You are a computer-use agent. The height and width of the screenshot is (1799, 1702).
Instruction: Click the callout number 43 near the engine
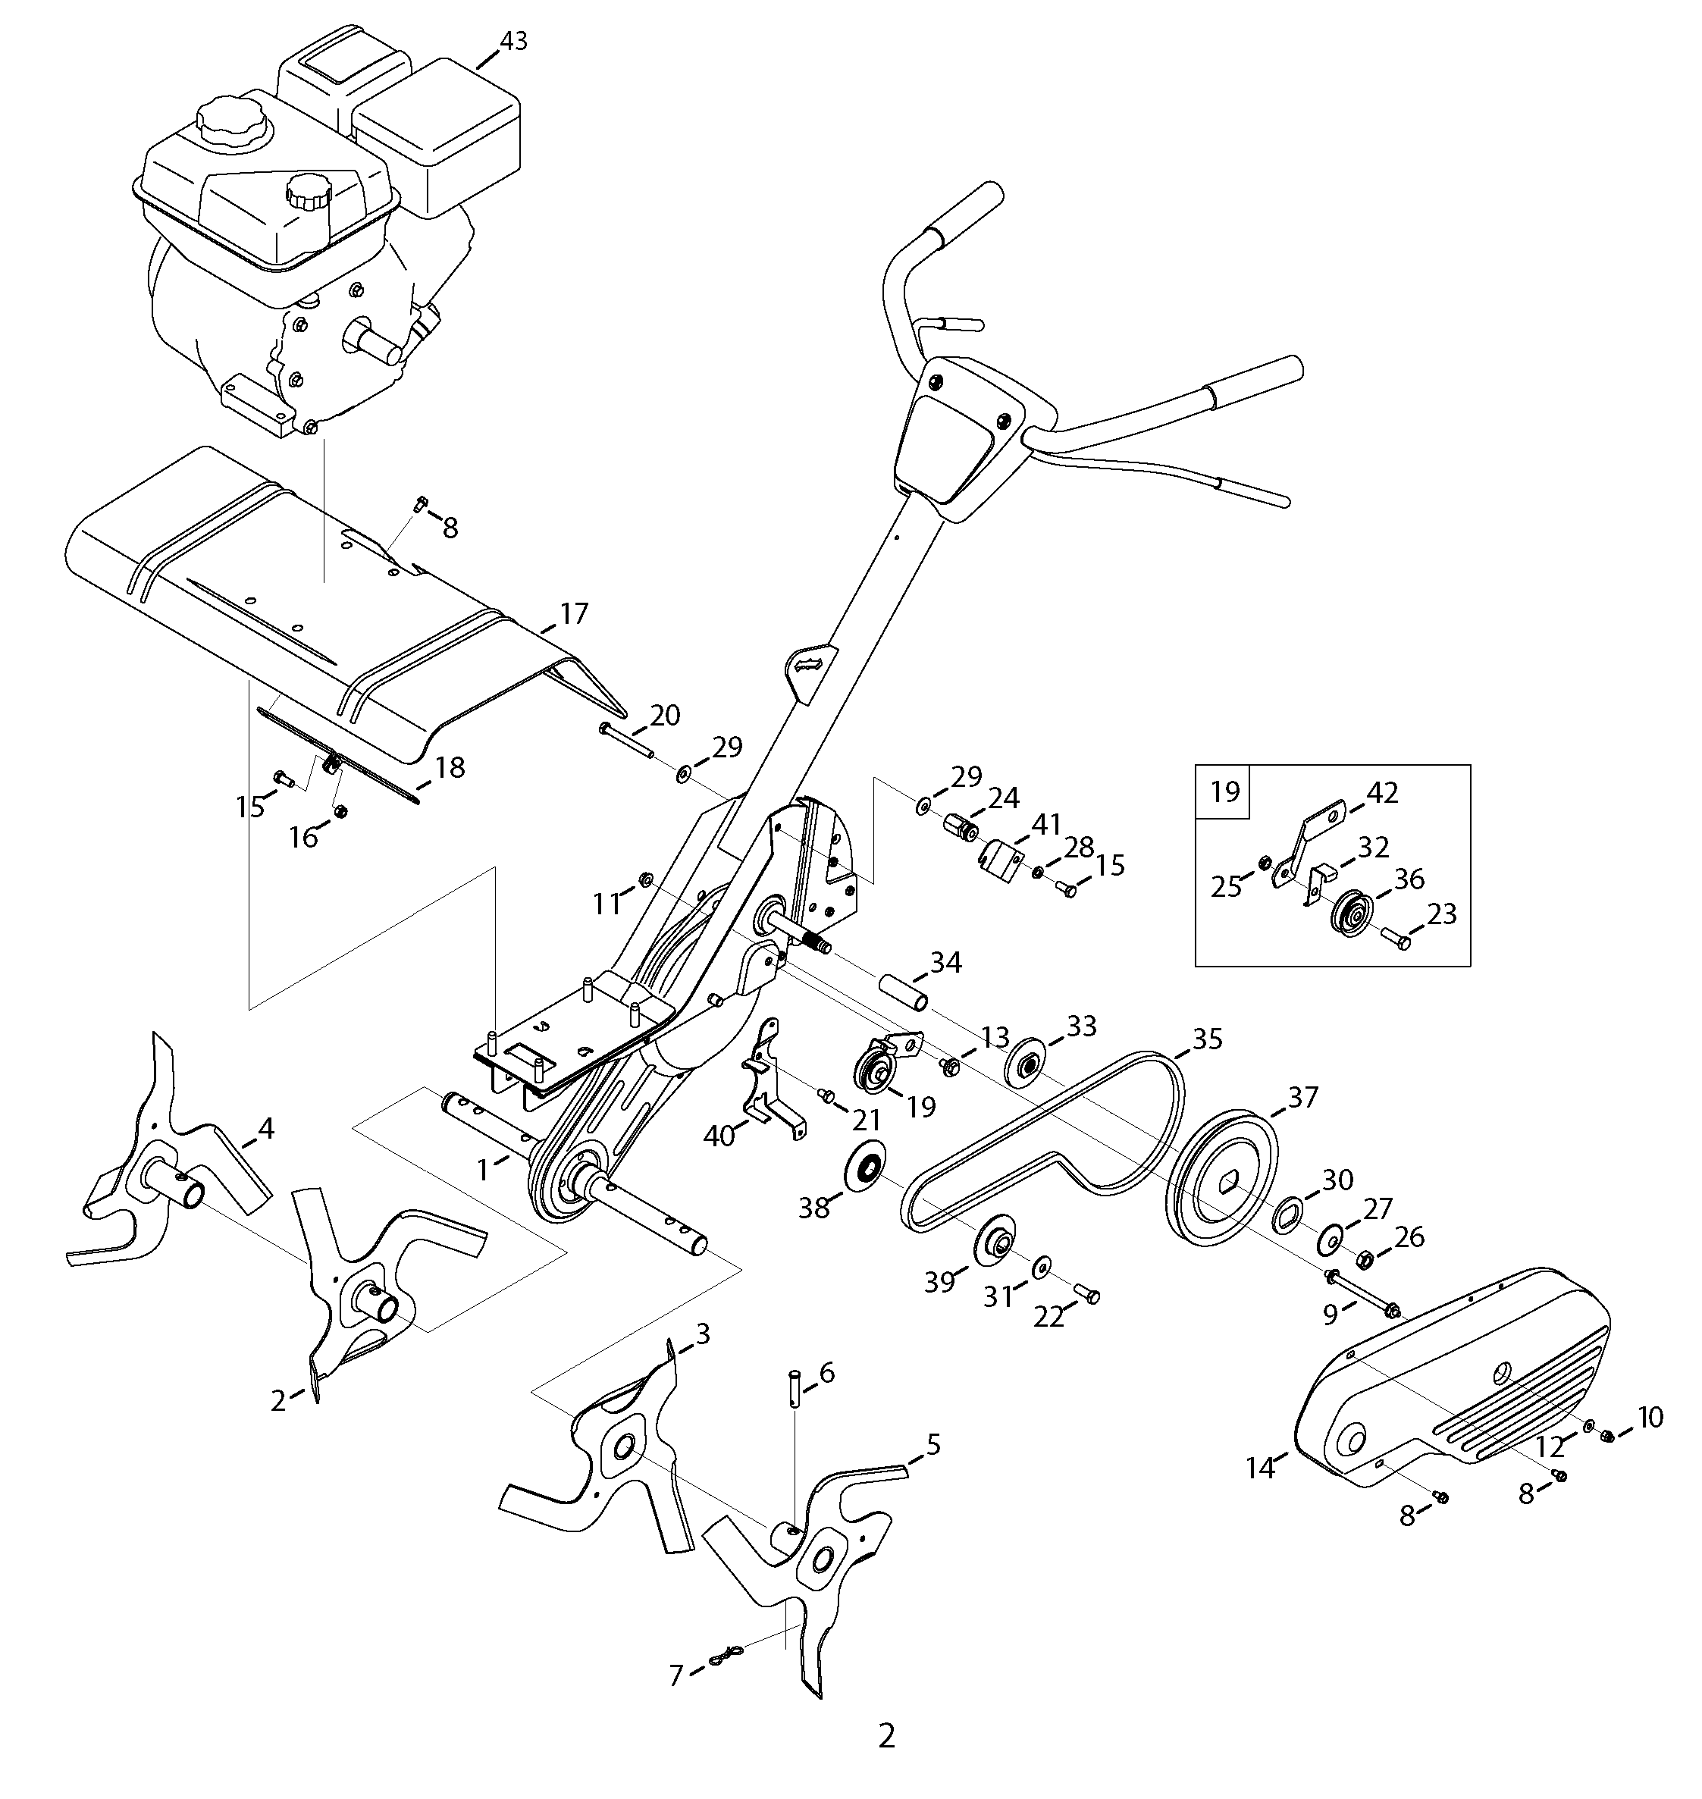[x=512, y=42]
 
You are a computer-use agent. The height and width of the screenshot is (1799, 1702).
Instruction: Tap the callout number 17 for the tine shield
[x=573, y=613]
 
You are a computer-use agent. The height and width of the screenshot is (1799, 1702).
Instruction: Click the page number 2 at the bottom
[x=886, y=1735]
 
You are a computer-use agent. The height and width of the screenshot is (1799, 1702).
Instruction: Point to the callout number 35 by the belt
[x=1208, y=1039]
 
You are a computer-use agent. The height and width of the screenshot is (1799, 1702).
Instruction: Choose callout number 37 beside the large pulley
[x=1302, y=1097]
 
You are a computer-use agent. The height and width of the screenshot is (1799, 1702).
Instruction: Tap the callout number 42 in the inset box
[x=1382, y=792]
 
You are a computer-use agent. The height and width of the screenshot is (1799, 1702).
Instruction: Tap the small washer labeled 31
[x=1042, y=1265]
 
